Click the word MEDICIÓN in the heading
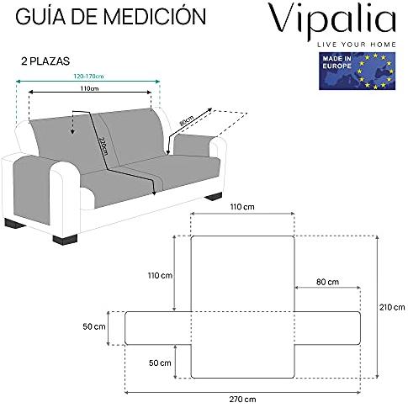pyautogui.click(x=155, y=16)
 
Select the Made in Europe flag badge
pyautogui.click(x=357, y=71)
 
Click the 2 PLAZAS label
pyautogui.click(x=45, y=61)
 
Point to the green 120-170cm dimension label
pyautogui.click(x=88, y=76)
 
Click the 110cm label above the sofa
pyautogui.click(x=89, y=88)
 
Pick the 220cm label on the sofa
pyautogui.click(x=103, y=146)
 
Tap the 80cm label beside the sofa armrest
pyautogui.click(x=185, y=121)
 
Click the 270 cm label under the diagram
pyautogui.click(x=242, y=399)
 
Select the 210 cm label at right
pyautogui.click(x=392, y=307)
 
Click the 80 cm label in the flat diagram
pyautogui.click(x=327, y=282)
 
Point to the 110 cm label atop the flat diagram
pyautogui.click(x=242, y=207)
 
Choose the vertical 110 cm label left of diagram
pyautogui.click(x=160, y=275)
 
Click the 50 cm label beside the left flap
pyautogui.click(x=94, y=326)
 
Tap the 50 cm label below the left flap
pyautogui.click(x=160, y=363)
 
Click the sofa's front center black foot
pyautogui.click(x=65, y=240)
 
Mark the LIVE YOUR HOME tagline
pyautogui.click(x=357, y=45)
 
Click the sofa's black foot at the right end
pyautogui.click(x=214, y=196)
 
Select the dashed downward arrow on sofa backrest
pyautogui.click(x=72, y=122)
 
